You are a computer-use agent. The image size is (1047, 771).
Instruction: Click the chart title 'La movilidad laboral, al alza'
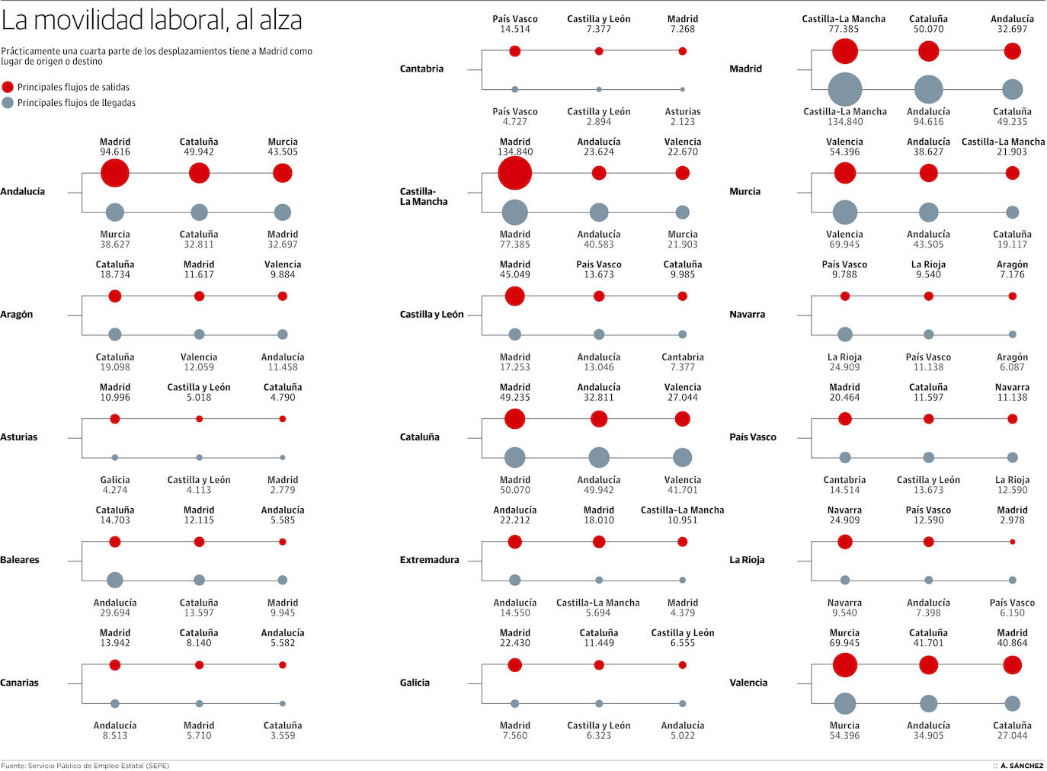pos(152,21)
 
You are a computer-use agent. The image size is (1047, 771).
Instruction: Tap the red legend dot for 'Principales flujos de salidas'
pos(8,87)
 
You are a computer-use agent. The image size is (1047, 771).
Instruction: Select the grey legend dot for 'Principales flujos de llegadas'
pos(8,103)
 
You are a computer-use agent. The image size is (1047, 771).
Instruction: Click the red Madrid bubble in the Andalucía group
pos(115,173)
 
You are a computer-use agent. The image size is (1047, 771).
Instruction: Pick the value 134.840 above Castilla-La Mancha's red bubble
pos(515,152)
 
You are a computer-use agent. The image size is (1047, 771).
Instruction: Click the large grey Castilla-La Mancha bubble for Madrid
pos(844,90)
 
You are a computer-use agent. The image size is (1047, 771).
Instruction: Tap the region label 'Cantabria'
pos(421,69)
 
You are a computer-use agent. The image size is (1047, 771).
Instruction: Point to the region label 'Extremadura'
pos(429,560)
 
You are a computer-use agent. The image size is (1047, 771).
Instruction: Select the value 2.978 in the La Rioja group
pos(1012,520)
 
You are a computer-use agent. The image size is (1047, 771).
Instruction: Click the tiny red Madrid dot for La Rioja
pos(1012,542)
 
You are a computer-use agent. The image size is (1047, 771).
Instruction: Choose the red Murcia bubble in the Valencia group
pos(844,665)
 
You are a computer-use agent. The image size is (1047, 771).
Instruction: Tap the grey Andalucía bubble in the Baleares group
pos(115,581)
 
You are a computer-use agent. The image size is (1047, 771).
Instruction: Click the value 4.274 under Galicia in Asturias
pos(115,490)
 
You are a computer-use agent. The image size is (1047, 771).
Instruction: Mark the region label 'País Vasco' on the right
pos(752,437)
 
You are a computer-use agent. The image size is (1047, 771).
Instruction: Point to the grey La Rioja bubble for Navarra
pos(844,334)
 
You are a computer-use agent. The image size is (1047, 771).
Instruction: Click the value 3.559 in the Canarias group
pos(283,736)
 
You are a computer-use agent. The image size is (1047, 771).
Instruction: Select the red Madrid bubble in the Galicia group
pos(515,665)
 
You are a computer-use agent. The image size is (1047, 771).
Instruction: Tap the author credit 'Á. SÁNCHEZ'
pos(1022,766)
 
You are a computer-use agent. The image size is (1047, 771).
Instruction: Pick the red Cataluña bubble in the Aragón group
pos(115,296)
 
